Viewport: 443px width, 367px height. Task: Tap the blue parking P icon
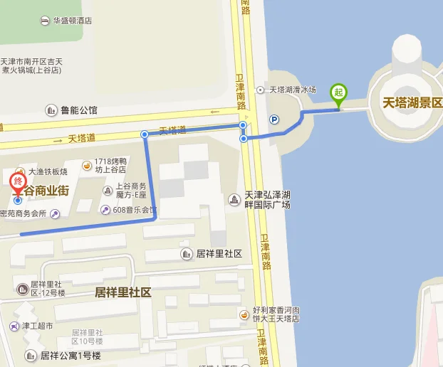pyautogui.click(x=274, y=119)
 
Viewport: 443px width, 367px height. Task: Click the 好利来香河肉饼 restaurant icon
pyautogui.click(x=244, y=314)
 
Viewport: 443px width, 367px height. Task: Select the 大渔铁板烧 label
pyautogui.click(x=47, y=171)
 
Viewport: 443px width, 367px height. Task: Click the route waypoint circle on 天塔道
pyautogui.click(x=145, y=134)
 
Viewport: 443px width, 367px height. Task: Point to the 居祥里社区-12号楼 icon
pyautogui.click(x=21, y=288)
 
